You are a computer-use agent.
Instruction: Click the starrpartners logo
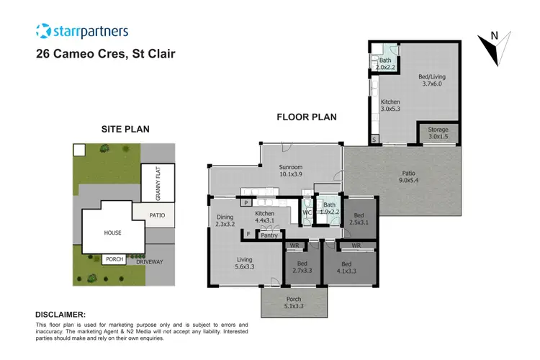pyautogui.click(x=82, y=31)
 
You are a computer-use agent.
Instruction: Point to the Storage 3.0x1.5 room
pyautogui.click(x=438, y=132)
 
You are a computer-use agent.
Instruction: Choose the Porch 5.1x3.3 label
pyautogui.click(x=293, y=302)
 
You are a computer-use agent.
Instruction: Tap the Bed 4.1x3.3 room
pyautogui.click(x=349, y=267)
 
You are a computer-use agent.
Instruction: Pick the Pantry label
pyautogui.click(x=269, y=235)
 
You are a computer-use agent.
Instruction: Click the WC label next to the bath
pyautogui.click(x=307, y=212)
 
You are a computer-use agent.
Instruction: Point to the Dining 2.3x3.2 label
pyautogui.click(x=224, y=220)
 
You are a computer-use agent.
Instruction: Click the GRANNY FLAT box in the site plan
pyautogui.click(x=150, y=183)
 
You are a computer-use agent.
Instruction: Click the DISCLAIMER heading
pyautogui.click(x=60, y=315)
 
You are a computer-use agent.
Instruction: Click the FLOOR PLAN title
pyautogui.click(x=307, y=117)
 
